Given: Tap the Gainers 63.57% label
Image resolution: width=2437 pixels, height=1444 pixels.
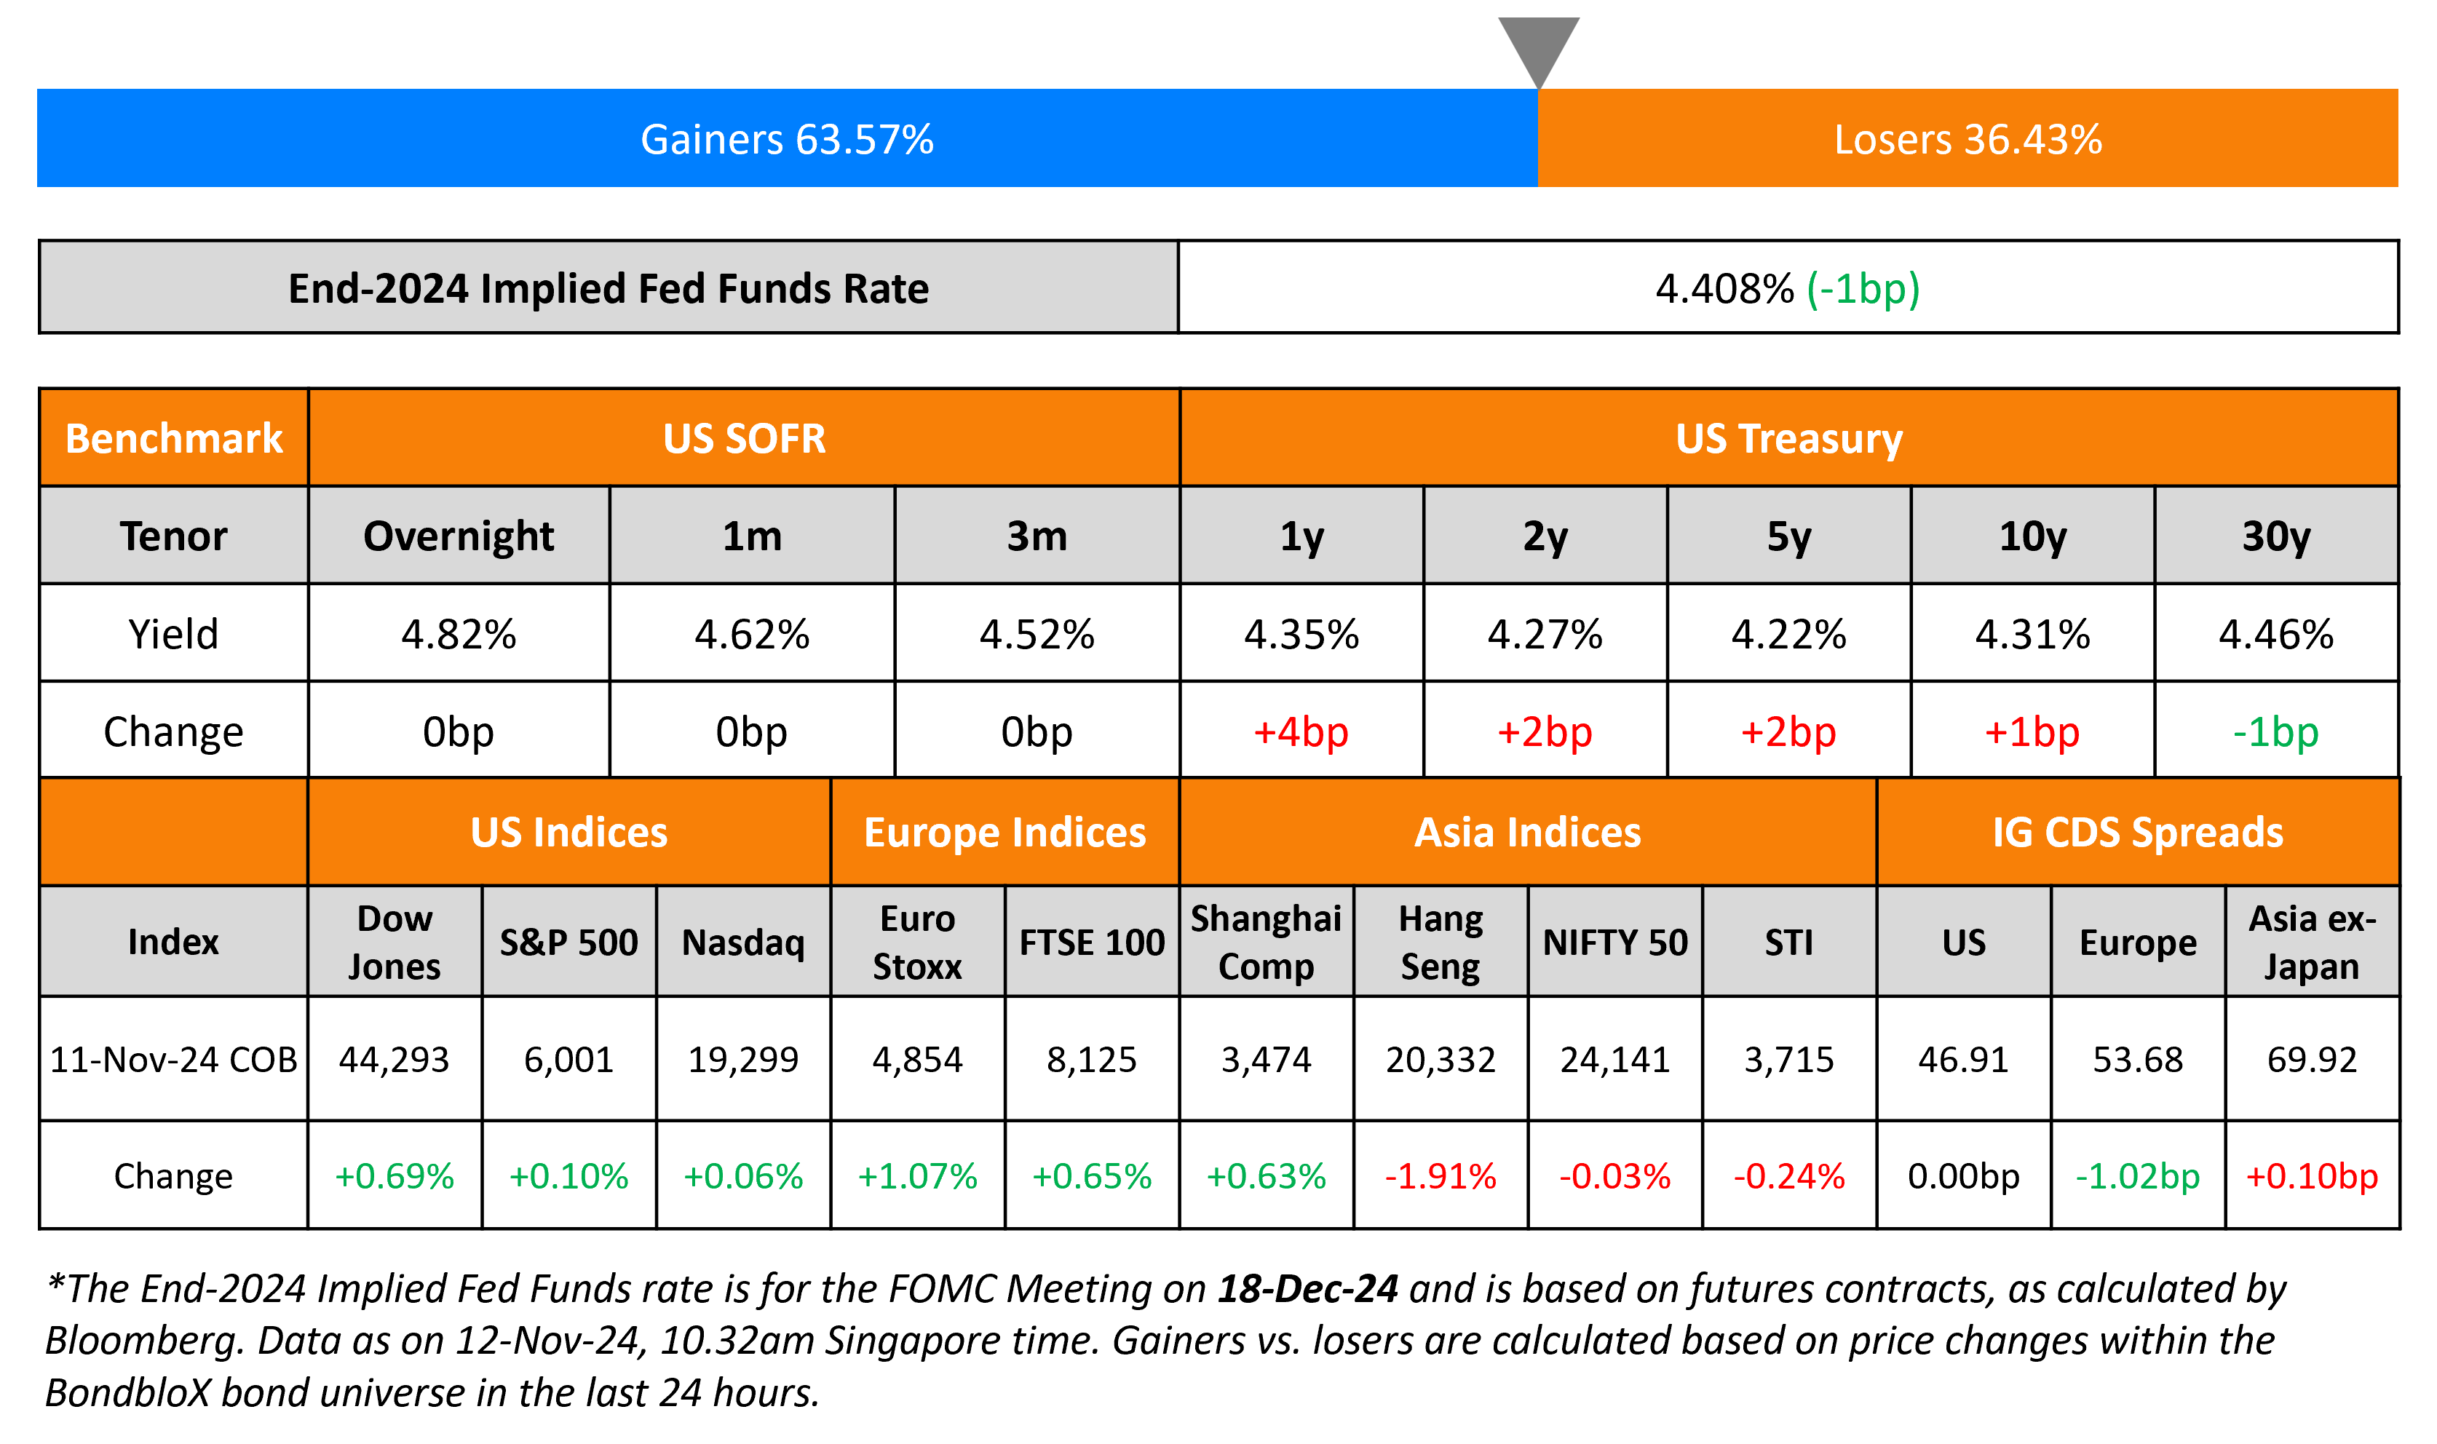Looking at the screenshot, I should click(x=786, y=139).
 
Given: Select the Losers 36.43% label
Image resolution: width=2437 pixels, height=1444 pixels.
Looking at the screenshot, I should click(x=1967, y=139).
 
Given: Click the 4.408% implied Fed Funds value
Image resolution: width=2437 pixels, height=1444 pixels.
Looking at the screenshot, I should click(x=1724, y=289).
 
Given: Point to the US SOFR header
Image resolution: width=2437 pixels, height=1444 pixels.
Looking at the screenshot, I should click(x=744, y=439).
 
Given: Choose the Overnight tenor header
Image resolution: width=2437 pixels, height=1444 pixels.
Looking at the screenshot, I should click(x=459, y=536).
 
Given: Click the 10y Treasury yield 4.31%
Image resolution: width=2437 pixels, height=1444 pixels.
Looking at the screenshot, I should click(x=2032, y=635).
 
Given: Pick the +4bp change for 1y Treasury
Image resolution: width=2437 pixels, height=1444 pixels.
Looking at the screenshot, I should click(x=1301, y=731).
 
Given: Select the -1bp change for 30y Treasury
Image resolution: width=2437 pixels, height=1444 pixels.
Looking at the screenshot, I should click(x=2275, y=731).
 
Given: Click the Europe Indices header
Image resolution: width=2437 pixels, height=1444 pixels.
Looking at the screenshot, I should click(x=1005, y=833).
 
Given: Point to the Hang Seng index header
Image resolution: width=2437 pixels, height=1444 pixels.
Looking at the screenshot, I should click(x=1440, y=942).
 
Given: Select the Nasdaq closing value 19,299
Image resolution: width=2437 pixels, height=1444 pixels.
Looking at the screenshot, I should click(x=743, y=1060).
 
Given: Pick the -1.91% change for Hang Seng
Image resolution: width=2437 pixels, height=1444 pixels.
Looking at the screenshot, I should click(x=1440, y=1176).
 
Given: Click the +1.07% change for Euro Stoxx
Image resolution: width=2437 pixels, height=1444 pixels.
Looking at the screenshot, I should click(x=916, y=1176).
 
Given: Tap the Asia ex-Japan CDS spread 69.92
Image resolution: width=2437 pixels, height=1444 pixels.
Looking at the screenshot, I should click(x=2312, y=1060).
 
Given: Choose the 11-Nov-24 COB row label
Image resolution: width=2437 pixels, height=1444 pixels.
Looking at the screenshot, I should click(x=173, y=1060).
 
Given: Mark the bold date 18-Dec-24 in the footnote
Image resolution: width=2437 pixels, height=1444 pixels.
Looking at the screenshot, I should click(x=1307, y=1289).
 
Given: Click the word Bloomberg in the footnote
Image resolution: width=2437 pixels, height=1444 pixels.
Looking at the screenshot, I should click(x=142, y=1341).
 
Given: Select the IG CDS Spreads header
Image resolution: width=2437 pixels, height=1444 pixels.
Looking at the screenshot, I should click(x=2137, y=833).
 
